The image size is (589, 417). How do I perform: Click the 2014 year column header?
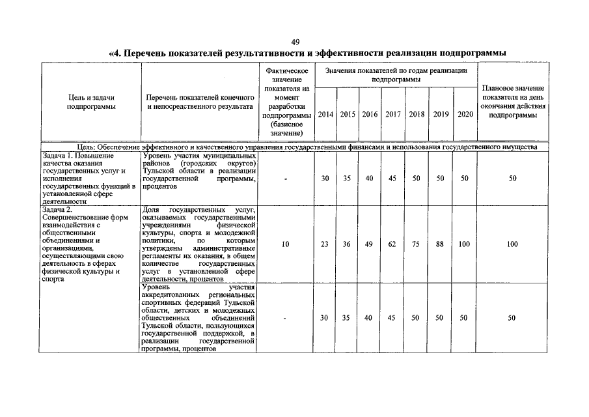325,115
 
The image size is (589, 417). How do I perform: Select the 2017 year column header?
392,115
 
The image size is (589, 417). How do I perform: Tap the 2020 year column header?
465,115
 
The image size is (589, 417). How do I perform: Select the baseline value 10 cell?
286,244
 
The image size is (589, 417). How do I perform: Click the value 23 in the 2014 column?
325,244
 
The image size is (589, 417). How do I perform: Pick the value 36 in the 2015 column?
347,244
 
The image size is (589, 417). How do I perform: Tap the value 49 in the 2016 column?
369,244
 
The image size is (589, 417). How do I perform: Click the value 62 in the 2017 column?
392,244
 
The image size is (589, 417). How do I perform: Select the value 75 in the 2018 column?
416,244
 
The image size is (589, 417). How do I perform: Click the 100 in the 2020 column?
464,244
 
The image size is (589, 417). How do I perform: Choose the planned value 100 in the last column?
513,244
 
